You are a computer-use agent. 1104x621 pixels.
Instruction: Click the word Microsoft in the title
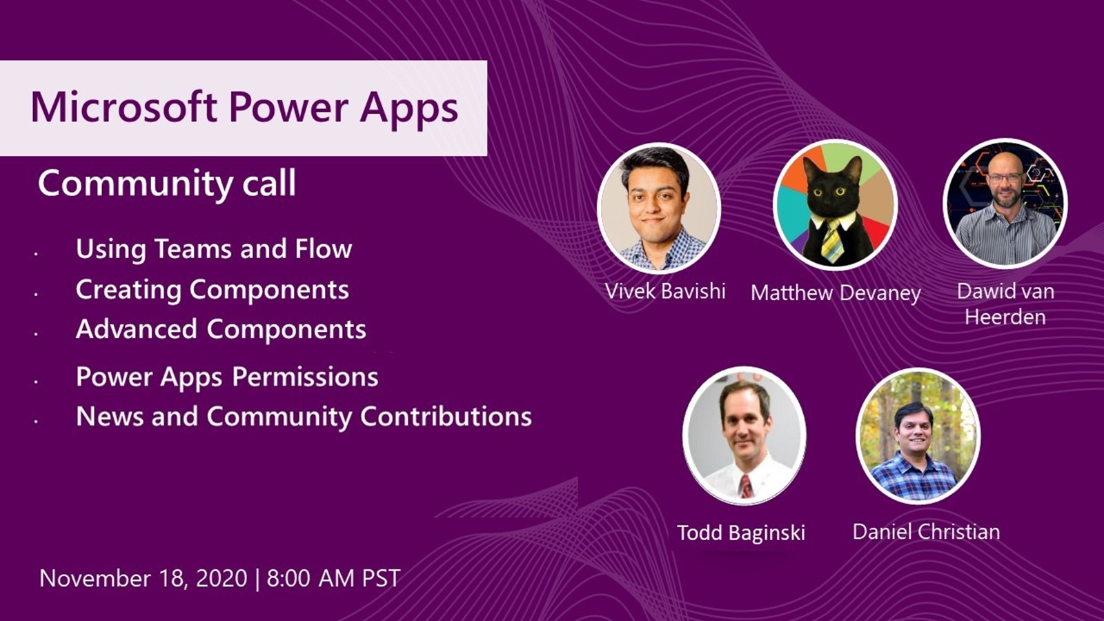click(124, 107)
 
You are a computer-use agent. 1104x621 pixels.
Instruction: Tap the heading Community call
click(167, 184)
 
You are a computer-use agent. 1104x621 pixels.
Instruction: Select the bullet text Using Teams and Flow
click(214, 249)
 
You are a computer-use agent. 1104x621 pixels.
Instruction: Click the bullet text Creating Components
click(213, 289)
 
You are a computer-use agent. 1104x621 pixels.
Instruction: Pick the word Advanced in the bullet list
click(137, 328)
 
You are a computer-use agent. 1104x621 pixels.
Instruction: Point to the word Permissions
click(305, 377)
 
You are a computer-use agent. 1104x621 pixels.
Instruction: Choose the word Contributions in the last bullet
click(446, 417)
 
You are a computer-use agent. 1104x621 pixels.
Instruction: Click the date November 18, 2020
click(144, 579)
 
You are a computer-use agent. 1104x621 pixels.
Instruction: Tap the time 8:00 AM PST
click(333, 578)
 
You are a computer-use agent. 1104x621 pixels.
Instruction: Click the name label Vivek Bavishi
click(665, 291)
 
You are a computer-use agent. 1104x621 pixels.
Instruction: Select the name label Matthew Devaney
click(836, 294)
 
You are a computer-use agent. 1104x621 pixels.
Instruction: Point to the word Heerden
click(1005, 317)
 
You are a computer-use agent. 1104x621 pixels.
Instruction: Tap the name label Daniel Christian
click(926, 532)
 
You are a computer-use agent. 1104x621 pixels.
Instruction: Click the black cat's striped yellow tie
click(831, 241)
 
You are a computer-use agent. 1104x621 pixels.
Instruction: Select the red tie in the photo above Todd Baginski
click(746, 486)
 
